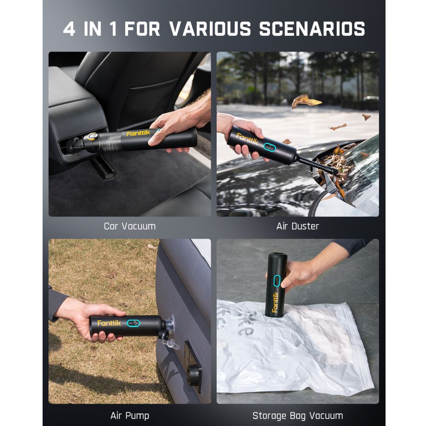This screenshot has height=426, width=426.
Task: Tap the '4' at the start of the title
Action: coord(69,29)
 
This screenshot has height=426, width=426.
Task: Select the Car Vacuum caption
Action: coord(130,226)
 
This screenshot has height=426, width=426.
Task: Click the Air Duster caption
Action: coord(297,226)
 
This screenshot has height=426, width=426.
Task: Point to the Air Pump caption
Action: coord(130,415)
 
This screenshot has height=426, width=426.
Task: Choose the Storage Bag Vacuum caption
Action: coord(297,415)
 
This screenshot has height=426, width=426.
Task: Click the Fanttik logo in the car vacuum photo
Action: coord(138,133)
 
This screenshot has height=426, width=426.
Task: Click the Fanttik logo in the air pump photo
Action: coord(109,323)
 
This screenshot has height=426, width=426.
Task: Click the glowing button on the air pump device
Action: coord(133,323)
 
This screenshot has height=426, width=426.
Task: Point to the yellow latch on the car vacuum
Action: coord(92,137)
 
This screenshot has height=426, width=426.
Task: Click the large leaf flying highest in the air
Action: coord(305,101)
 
